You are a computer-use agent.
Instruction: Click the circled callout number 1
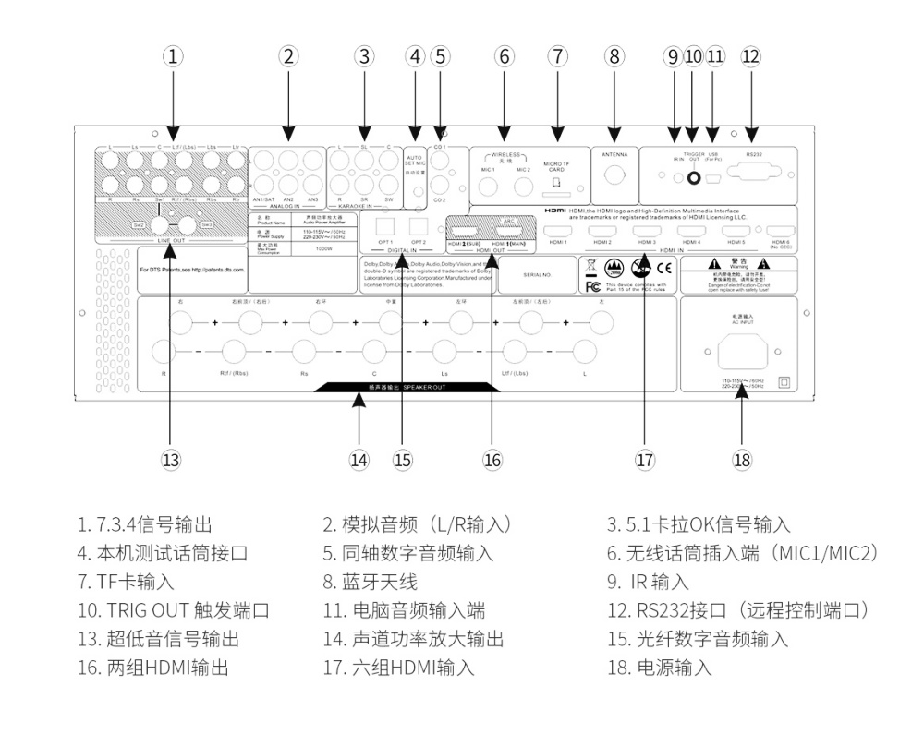[171, 55]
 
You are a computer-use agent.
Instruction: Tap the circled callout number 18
[741, 459]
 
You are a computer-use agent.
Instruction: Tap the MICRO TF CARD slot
[556, 184]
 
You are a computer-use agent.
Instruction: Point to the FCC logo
[592, 285]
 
